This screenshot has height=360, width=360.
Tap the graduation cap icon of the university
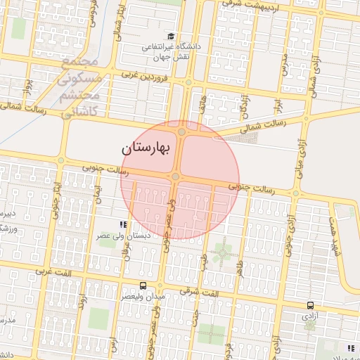pos(170,36)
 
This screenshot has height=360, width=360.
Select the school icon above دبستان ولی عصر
pos(123,224)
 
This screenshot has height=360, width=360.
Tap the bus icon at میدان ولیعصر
pos(143,285)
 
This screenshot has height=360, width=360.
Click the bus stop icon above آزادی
pos(310,305)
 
